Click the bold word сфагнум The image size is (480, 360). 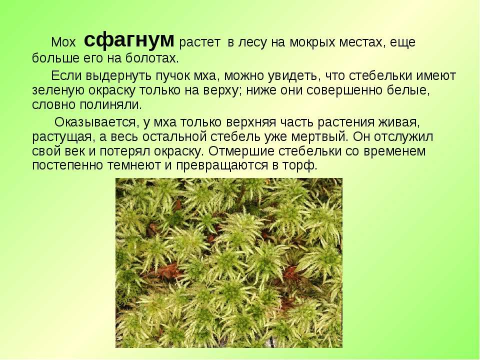129,40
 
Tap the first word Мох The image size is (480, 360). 63,42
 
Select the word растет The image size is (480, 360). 199,42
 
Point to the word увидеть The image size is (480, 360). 294,76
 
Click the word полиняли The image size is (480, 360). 111,105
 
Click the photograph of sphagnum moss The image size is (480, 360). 228,263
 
